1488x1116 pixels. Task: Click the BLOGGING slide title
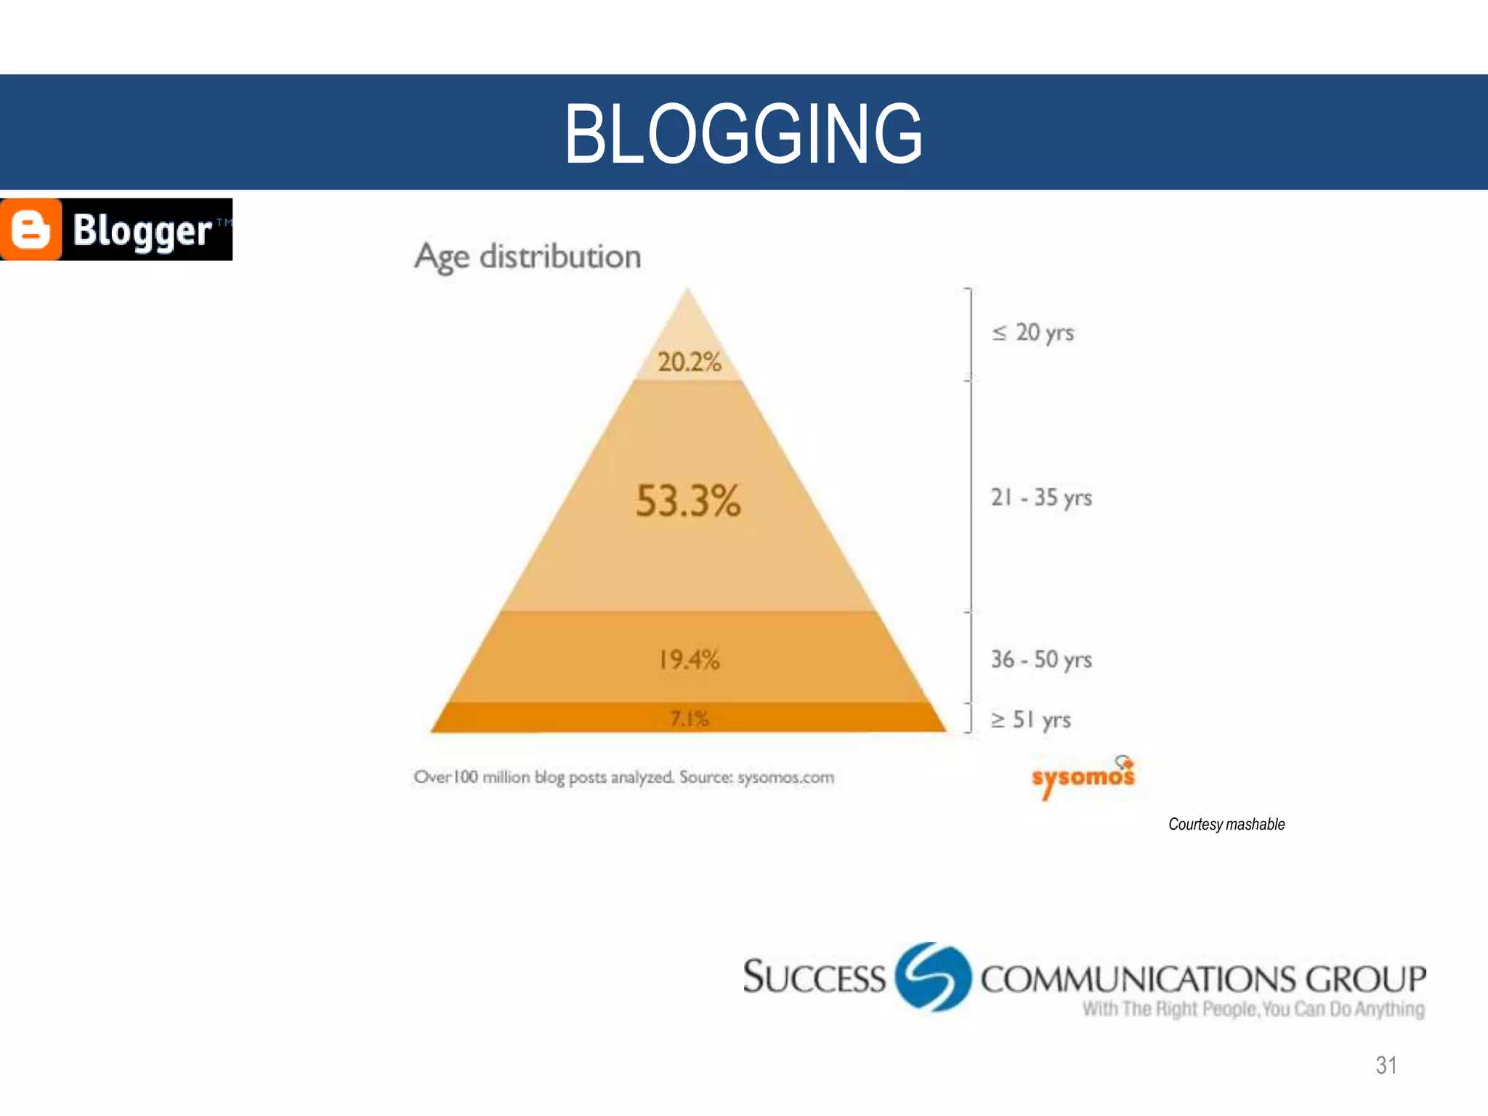coord(743,133)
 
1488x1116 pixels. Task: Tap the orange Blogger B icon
coord(31,230)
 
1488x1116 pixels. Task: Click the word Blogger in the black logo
coord(142,231)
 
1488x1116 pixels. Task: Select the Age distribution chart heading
coord(527,257)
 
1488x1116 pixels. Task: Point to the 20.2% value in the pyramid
coord(689,362)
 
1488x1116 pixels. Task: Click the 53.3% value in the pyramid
coord(688,501)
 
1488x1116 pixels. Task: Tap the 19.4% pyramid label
coord(689,660)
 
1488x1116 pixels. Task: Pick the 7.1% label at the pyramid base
coord(689,719)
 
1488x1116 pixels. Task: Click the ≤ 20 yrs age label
coord(1032,333)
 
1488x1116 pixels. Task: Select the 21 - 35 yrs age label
coord(1041,498)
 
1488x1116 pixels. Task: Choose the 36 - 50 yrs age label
coord(1041,660)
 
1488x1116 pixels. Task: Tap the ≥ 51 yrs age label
coord(1031,719)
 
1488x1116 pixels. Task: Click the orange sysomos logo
coord(1083,777)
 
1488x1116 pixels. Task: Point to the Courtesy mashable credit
coord(1226,824)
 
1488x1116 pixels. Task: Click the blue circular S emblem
coord(933,976)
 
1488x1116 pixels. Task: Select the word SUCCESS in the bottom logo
coord(814,977)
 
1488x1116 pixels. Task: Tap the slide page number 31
coord(1386,1065)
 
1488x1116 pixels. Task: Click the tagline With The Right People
coord(1253,1009)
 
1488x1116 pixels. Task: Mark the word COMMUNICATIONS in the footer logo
coord(1138,979)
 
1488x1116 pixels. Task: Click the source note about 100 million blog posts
coord(623,777)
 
